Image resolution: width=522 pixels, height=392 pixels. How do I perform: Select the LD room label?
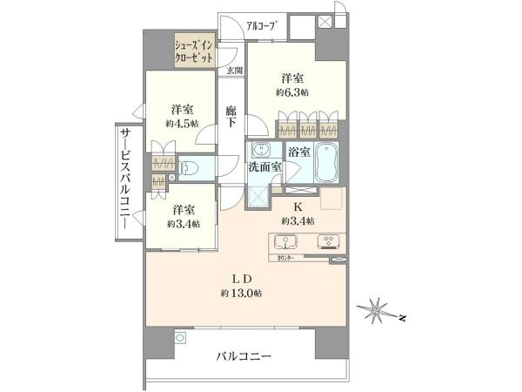click(x=241, y=279)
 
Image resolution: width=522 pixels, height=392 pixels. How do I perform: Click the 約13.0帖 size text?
click(x=241, y=293)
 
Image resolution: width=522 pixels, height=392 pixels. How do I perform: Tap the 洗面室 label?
click(x=263, y=167)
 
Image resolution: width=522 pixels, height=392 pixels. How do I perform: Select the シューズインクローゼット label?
click(x=191, y=51)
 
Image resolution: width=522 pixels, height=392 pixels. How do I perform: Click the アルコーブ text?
click(x=260, y=26)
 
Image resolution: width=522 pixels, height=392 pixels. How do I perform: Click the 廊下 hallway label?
click(x=230, y=116)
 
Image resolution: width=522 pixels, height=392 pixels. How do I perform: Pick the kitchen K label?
click(x=297, y=207)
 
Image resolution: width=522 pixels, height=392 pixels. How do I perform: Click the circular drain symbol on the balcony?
click(x=180, y=338)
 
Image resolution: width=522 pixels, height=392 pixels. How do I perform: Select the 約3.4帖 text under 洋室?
click(x=183, y=224)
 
